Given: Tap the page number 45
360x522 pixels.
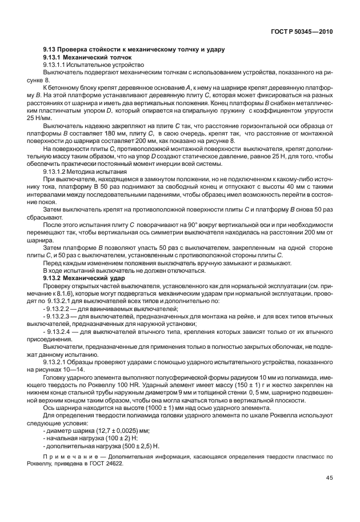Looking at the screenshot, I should click(x=330, y=479).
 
